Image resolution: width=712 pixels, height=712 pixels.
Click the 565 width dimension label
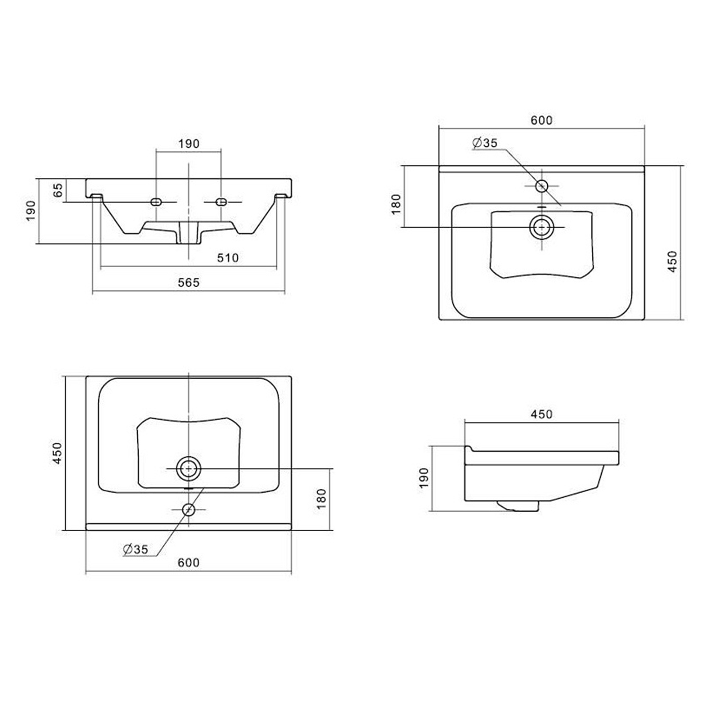[x=188, y=282]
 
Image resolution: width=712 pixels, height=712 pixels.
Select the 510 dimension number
[x=228, y=258]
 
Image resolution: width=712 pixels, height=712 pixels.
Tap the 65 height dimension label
[x=57, y=190]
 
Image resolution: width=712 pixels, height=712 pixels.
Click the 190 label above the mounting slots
[x=189, y=143]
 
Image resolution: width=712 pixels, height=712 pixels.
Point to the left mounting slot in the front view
[x=156, y=202]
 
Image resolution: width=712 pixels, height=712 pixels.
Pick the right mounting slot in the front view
[x=221, y=202]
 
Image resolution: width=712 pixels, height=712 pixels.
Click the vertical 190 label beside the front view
[x=30, y=211]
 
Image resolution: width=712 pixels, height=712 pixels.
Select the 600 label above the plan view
[x=542, y=120]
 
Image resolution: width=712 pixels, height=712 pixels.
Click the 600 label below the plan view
[x=188, y=562]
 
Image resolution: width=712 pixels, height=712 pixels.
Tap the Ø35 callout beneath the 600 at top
[x=485, y=142]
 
